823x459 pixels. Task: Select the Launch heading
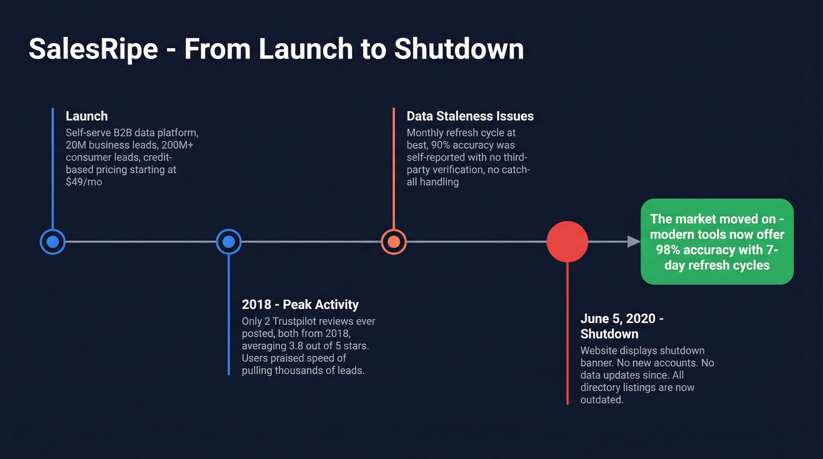point(86,116)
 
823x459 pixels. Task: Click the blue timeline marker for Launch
point(52,242)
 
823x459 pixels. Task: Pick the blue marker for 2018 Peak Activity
point(229,242)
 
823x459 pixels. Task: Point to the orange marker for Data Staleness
point(393,242)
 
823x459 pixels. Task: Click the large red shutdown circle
point(567,242)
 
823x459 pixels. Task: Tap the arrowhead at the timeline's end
point(633,242)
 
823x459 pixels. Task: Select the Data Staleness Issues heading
point(470,116)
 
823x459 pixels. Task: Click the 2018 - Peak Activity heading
point(300,304)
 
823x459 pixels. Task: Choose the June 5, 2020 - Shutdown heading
point(622,326)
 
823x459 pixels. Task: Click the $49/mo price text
point(84,182)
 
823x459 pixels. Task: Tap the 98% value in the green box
point(668,250)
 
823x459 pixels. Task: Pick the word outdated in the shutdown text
point(601,400)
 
